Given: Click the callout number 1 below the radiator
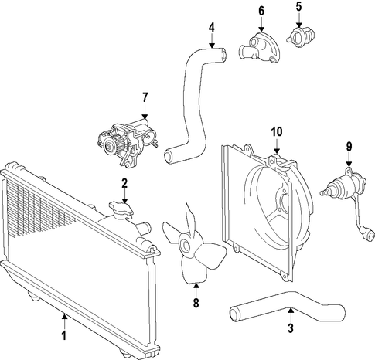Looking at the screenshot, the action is coord(63,335).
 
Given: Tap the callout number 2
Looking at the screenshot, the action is coord(124,184).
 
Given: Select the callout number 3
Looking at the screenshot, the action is coord(291,328).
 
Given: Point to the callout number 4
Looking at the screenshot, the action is coord(212,28).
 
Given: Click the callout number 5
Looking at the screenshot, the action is coord(298,7).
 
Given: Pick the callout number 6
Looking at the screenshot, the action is coord(261,11).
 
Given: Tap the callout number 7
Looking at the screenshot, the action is coord(145,97).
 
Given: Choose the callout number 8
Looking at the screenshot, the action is coord(196,303).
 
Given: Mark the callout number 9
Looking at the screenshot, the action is coord(349,147).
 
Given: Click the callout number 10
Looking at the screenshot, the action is coord(277,132).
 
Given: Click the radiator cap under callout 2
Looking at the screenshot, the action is coord(121,209).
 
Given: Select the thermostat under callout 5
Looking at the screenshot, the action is coord(301,38).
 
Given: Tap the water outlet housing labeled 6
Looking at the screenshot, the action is coord(259,48).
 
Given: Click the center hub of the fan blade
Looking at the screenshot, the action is coord(186,245).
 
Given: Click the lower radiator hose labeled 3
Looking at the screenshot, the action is coord(287,307).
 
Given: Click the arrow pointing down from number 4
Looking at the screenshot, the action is coord(212,41).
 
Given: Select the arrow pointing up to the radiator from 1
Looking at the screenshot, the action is coord(64,321).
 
